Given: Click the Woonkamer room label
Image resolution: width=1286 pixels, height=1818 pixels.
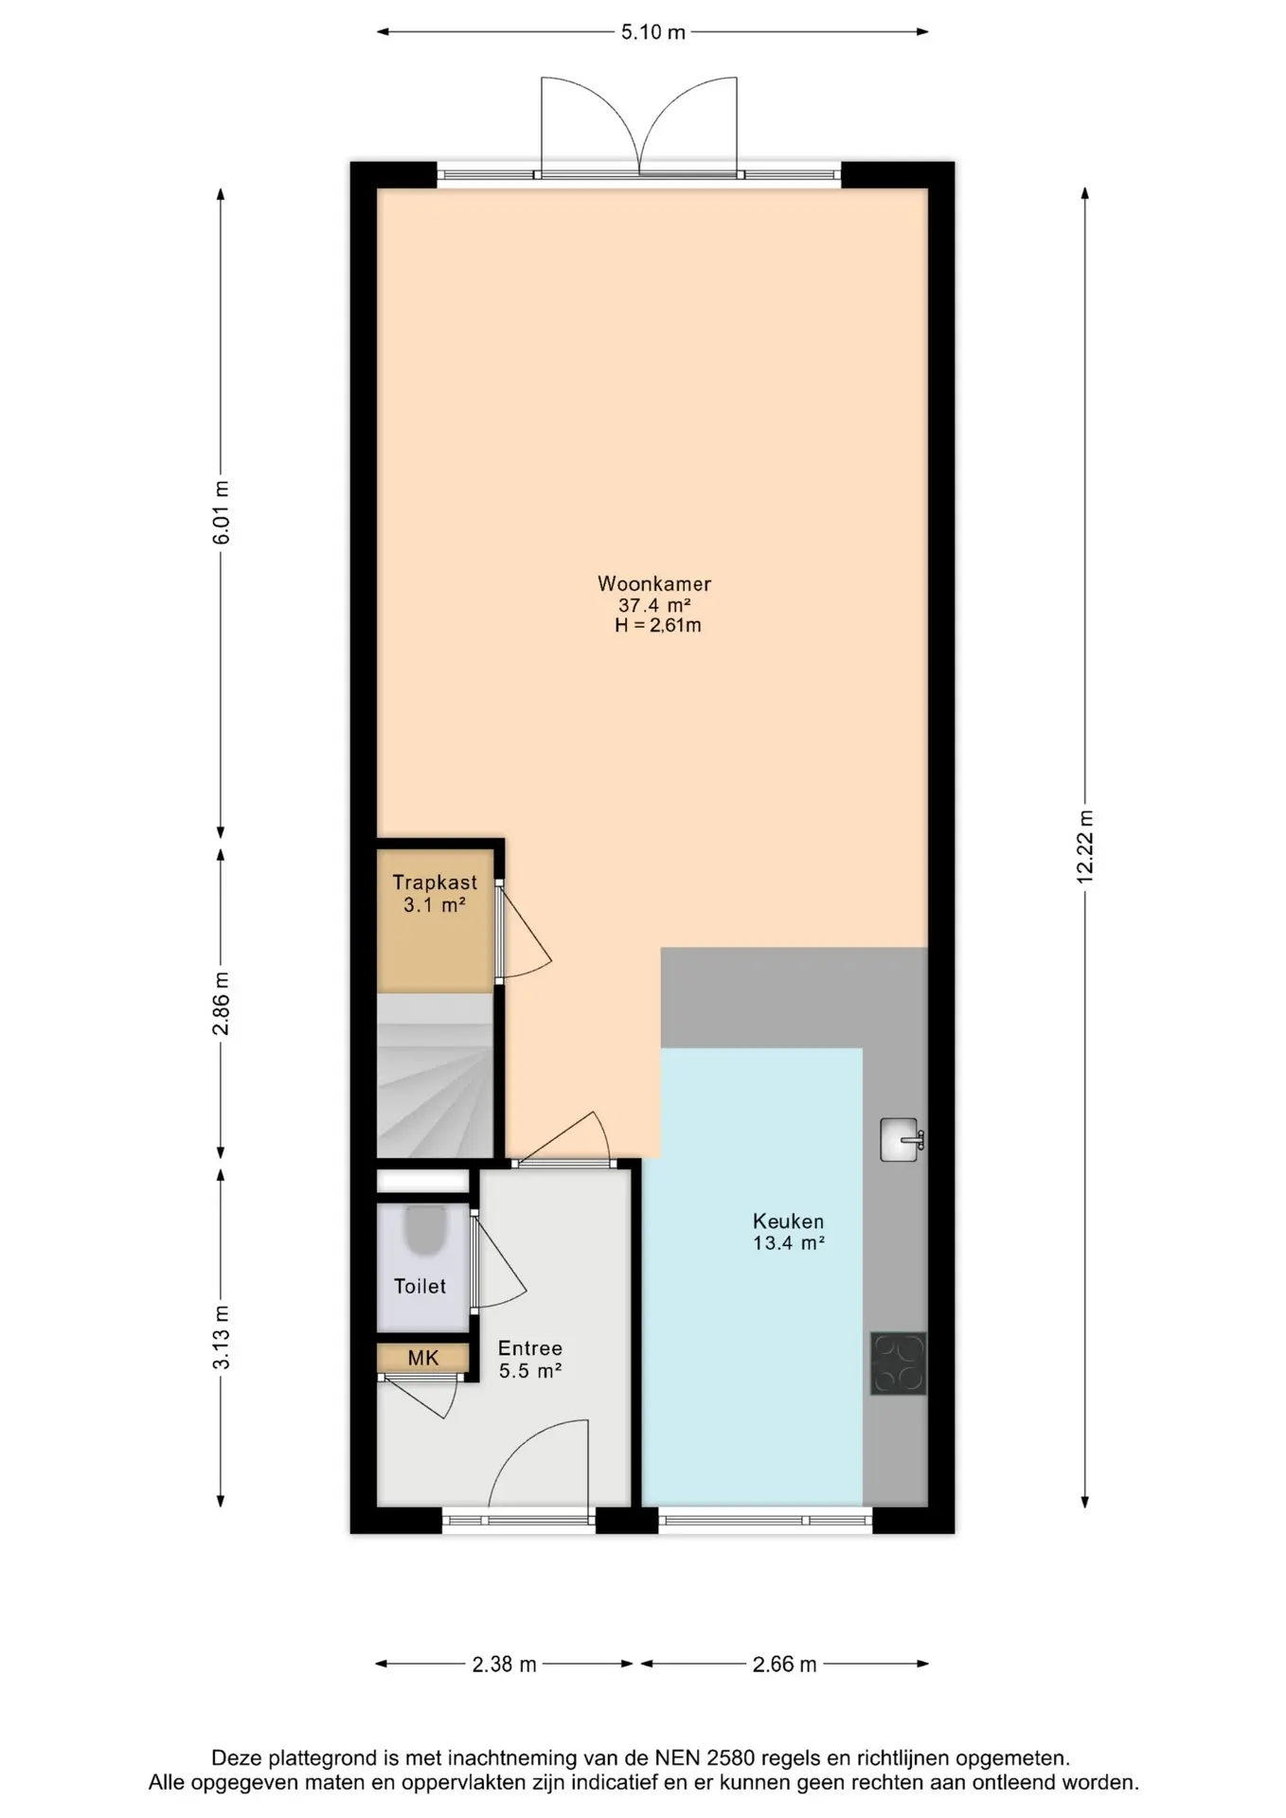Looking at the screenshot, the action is (x=653, y=583).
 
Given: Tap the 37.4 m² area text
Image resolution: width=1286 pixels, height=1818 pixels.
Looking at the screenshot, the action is (x=654, y=605).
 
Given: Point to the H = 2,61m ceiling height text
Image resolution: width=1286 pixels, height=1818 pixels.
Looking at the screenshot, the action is (x=658, y=625).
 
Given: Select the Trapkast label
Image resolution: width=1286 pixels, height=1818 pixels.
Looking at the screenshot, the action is (x=435, y=882).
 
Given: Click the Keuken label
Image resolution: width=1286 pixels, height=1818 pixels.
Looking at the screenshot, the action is (x=788, y=1221).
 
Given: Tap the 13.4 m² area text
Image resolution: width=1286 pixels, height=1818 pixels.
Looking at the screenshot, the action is (x=789, y=1243).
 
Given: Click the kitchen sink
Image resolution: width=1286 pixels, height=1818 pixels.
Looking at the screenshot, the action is (x=901, y=1139).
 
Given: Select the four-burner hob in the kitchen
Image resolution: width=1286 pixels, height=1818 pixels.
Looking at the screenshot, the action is (x=899, y=1363).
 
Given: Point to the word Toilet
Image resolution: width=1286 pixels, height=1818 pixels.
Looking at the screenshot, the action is (x=420, y=1286).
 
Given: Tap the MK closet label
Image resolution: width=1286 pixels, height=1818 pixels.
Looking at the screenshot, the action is (x=423, y=1358).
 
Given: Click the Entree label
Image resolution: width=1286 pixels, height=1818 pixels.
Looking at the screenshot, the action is (x=530, y=1347).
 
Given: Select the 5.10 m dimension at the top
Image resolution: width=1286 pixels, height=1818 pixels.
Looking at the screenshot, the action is (x=653, y=32).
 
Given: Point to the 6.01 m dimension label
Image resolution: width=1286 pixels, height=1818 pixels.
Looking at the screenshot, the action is (x=221, y=512).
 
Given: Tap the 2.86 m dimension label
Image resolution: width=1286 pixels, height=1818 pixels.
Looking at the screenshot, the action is (x=221, y=1004).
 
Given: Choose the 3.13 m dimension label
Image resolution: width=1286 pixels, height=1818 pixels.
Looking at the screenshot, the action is (x=221, y=1337).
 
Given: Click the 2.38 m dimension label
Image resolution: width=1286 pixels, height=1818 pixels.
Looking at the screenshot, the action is (x=505, y=1665).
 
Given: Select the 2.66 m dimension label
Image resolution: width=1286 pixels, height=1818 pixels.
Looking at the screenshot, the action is (x=785, y=1665).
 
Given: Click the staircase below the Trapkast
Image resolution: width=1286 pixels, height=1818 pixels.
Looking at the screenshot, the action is (x=436, y=1075).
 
